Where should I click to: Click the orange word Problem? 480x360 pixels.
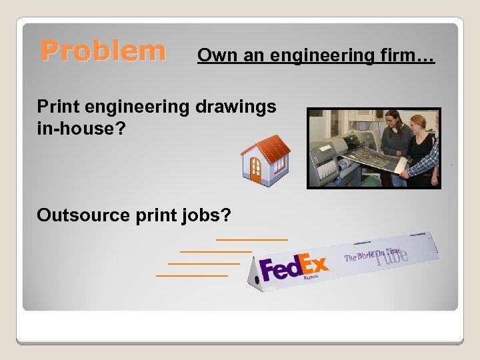click(103, 51)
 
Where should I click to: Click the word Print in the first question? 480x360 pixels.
click(55, 107)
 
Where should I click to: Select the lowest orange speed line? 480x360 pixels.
click(191, 275)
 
